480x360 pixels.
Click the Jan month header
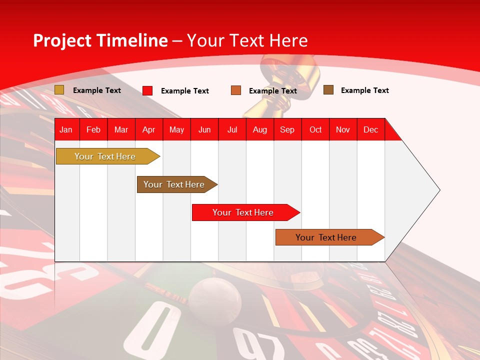tap(66, 129)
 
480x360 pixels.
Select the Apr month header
tap(148, 129)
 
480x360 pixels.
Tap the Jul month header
tap(232, 129)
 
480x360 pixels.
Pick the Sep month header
tap(287, 129)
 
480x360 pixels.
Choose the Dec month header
tap(370, 129)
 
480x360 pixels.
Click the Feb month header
tap(93, 129)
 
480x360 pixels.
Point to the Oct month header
tap(315, 129)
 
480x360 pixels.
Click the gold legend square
tap(59, 90)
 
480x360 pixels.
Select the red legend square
tap(147, 90)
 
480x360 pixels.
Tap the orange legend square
tap(236, 90)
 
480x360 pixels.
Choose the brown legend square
tap(328, 90)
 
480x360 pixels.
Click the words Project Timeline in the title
tap(100, 40)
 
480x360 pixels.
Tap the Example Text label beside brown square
tap(364, 90)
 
